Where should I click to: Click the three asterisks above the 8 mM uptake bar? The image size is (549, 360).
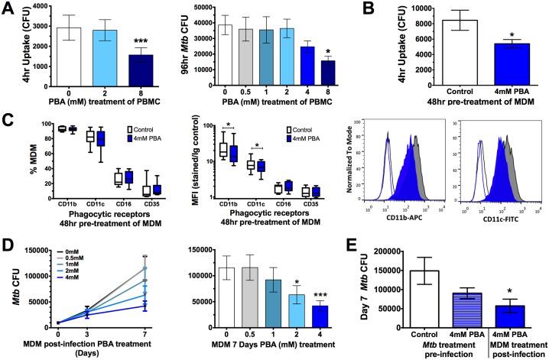coord(135,41)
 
